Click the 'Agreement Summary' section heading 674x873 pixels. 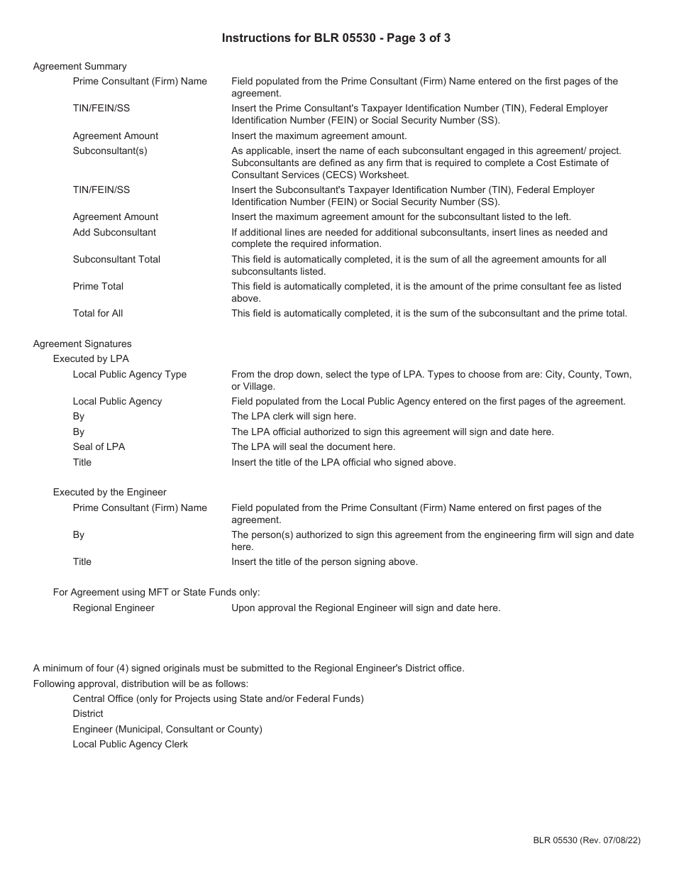[79, 67]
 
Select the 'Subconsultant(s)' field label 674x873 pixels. [110, 151]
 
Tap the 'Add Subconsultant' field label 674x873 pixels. [114, 233]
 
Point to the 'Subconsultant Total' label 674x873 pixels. [116, 260]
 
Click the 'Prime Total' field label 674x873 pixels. [98, 287]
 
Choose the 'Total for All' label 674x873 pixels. [98, 314]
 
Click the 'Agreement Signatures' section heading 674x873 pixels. [82, 344]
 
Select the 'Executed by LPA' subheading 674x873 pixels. [91, 359]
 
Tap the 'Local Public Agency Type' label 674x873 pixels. [130, 375]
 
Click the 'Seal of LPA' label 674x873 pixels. [99, 447]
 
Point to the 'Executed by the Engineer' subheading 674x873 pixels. [110, 493]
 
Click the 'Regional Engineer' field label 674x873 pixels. [114, 608]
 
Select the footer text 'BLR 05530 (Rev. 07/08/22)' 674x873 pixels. [587, 840]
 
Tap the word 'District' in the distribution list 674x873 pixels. [88, 714]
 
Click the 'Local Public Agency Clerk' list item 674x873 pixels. [131, 745]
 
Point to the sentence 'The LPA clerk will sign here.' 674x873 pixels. [294, 417]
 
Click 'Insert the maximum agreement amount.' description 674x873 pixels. [319, 136]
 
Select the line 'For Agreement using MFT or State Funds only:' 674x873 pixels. [157, 593]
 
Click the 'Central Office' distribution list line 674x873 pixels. [218, 699]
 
